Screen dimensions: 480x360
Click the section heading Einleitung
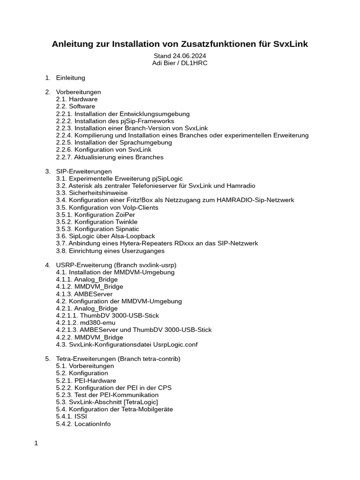coord(70,77)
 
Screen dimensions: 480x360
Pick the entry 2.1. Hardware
coord(77,99)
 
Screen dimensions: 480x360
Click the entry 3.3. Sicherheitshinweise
coord(92,193)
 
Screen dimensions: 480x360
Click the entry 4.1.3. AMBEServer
coord(84,294)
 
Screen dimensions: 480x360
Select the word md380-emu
coord(97,323)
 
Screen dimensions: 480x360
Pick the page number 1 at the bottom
coord(36,443)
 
